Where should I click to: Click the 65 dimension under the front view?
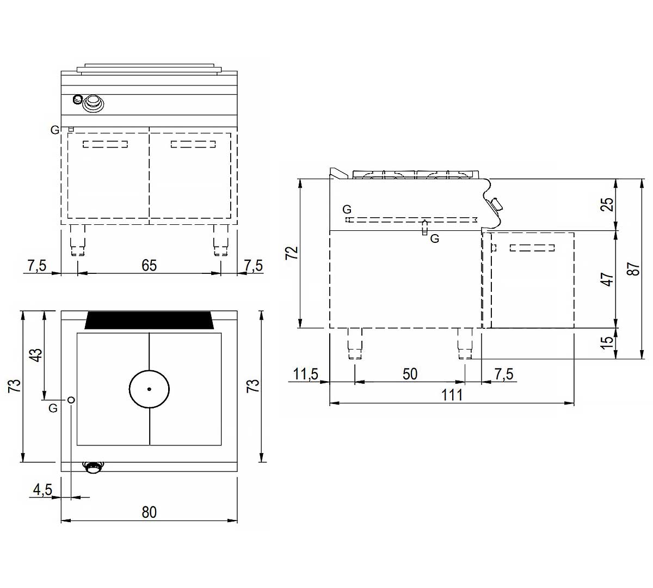click(149, 266)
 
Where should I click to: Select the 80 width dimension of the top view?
click(149, 512)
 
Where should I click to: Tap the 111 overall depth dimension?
click(452, 395)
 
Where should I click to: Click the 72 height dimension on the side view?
click(292, 253)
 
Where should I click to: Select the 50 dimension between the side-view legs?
click(410, 374)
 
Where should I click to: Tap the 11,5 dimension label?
click(306, 374)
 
